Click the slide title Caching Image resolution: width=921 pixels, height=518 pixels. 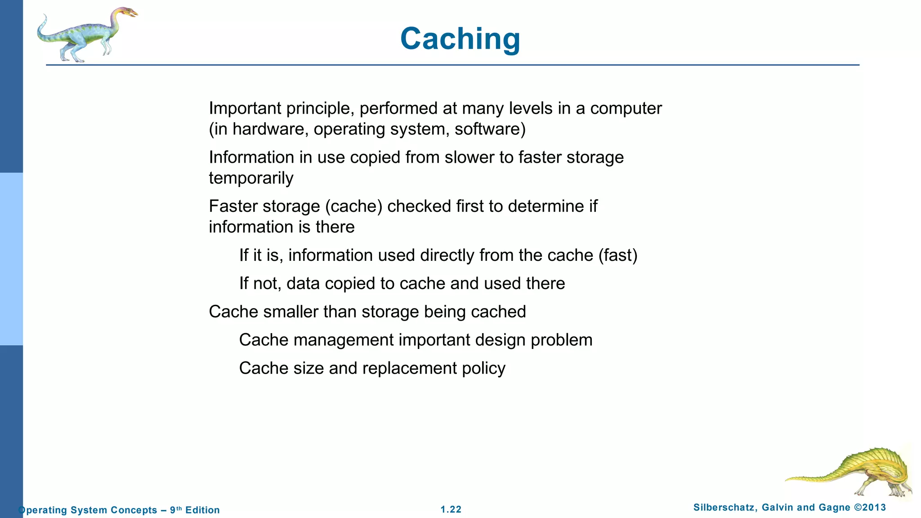click(x=460, y=39)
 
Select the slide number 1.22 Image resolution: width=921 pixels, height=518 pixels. click(x=451, y=509)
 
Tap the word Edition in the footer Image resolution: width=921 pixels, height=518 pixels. click(x=202, y=510)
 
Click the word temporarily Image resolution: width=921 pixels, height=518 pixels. click(x=251, y=179)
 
